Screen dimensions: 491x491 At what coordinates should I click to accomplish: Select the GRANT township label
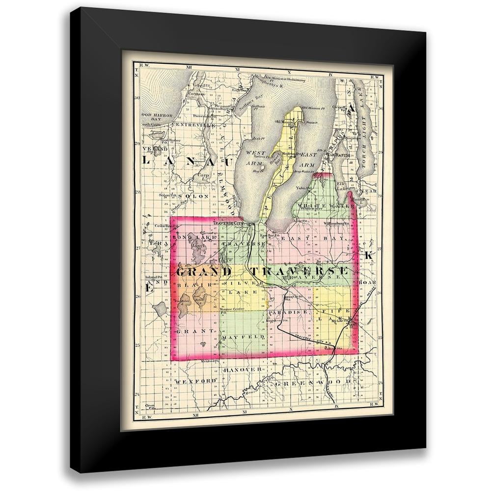(x=195, y=331)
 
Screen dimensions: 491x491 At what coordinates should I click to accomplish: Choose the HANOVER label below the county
(x=241, y=369)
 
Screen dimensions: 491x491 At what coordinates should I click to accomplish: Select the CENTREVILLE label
(x=194, y=125)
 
